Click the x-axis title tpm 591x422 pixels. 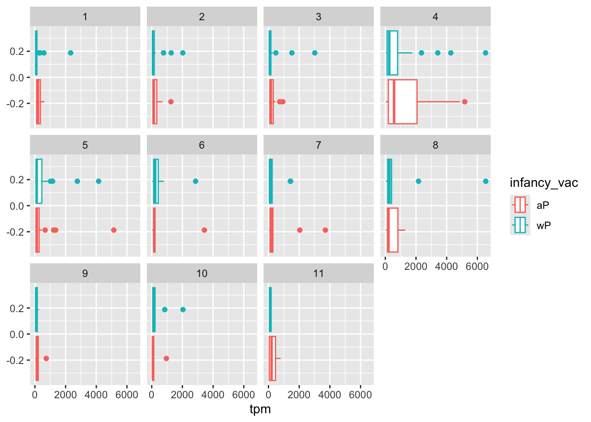(260, 410)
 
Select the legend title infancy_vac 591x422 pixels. (544, 183)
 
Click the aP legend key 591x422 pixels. (520, 205)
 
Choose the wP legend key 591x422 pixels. (520, 225)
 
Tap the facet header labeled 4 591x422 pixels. (435, 17)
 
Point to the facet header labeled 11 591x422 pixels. (318, 273)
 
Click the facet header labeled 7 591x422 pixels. (318, 145)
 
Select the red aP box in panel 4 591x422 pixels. (402, 102)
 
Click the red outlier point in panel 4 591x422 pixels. (464, 102)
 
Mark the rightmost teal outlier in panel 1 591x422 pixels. (70, 53)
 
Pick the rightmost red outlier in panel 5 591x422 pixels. (114, 230)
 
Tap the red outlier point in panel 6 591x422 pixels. (204, 230)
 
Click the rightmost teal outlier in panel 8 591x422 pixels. (485, 181)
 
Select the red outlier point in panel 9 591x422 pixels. (46, 358)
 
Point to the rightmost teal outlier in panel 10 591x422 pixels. (183, 309)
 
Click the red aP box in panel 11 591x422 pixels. (272, 358)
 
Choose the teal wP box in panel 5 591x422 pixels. (39, 181)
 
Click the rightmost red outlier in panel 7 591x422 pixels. (325, 230)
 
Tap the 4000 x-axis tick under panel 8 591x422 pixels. (446, 266)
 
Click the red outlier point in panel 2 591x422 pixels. (171, 102)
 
